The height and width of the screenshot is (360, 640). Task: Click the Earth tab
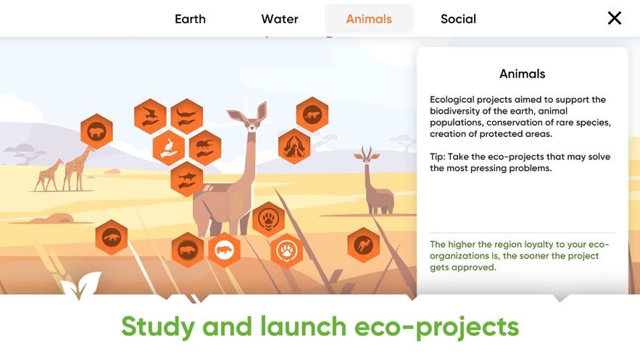190,19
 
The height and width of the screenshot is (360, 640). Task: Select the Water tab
280,19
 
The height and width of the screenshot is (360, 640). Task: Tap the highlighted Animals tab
369,19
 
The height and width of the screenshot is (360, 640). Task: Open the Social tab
458,19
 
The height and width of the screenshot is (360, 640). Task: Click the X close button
615,18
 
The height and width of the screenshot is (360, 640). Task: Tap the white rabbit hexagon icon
169,148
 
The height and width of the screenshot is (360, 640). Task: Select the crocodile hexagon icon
187,116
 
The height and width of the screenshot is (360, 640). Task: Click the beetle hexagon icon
205,148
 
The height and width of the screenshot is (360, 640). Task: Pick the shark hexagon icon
187,179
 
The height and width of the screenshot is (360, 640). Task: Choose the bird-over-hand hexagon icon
150,116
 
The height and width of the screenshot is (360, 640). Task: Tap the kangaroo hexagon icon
363,245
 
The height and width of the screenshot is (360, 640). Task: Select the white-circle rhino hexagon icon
224,250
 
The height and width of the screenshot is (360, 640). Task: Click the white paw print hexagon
287,251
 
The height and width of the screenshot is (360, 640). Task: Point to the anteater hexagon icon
112,237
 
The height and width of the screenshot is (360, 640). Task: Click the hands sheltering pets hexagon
294,146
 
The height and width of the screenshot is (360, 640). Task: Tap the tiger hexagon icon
312,114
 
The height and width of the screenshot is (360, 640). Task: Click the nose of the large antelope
252,129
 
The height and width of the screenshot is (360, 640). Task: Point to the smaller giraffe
47,175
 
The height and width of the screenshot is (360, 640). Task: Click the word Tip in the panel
437,157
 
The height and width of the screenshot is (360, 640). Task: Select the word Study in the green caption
158,327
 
